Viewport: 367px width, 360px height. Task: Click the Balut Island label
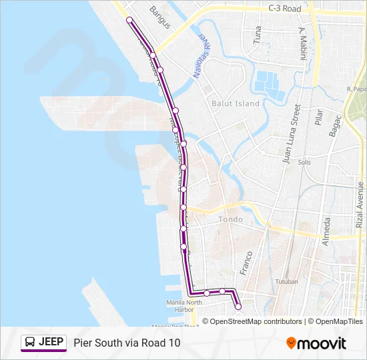[x=235, y=103]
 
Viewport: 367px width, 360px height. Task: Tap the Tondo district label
[x=230, y=219]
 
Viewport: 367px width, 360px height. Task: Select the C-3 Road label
[x=285, y=9]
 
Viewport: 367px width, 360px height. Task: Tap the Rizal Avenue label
[x=360, y=206]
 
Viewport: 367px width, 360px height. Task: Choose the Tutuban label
[x=288, y=282]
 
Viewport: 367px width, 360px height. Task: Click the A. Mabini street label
[x=302, y=44]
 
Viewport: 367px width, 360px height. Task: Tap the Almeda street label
[x=326, y=231]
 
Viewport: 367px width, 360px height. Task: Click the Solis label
[x=305, y=162]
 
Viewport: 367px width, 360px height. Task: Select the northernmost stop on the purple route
[x=129, y=20]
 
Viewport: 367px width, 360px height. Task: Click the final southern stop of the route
[x=238, y=307]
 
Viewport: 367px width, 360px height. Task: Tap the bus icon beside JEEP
[x=30, y=343]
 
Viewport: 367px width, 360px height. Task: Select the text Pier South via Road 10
[x=127, y=343]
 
